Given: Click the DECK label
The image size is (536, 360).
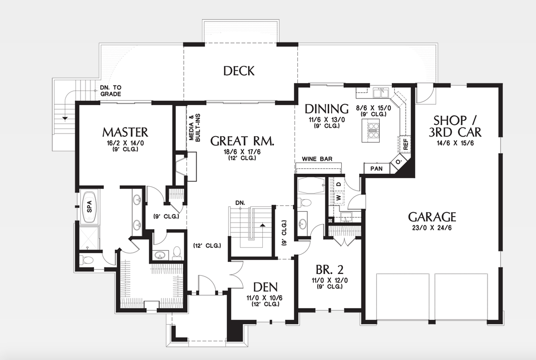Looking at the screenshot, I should [x=239, y=71].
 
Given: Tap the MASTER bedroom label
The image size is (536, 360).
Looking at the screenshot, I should [x=125, y=132].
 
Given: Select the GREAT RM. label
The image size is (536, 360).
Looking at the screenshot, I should [x=242, y=141].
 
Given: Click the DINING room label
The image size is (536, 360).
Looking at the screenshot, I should [x=326, y=109].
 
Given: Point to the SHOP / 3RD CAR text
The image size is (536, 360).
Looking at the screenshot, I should [x=457, y=126].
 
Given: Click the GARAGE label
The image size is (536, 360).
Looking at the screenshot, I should [x=432, y=217].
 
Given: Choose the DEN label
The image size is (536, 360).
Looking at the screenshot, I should [x=265, y=287].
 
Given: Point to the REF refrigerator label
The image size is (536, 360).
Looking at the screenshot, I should [x=406, y=144].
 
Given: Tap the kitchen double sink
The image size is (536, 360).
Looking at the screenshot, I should [x=381, y=93].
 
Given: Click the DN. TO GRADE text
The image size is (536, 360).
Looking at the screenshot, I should [x=110, y=91].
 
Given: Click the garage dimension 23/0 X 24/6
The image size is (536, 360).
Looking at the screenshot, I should [x=432, y=227].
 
